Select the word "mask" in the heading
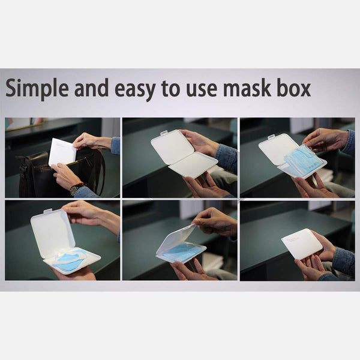(x=249, y=89)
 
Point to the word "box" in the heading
(x=294, y=89)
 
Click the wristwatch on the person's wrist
(x=76, y=188)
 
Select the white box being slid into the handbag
(x=62, y=151)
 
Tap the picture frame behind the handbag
(x=18, y=124)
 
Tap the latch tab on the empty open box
(x=163, y=133)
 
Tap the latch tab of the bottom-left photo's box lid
(x=47, y=211)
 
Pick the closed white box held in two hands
(x=302, y=244)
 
